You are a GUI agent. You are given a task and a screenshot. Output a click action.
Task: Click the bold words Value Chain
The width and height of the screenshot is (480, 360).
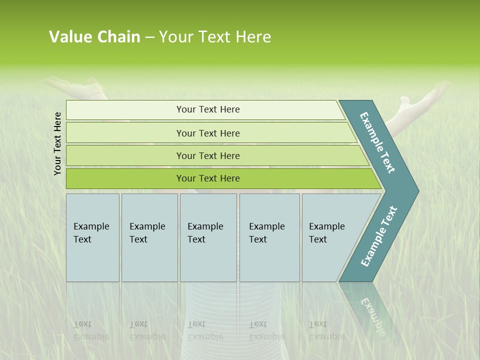pos(94,37)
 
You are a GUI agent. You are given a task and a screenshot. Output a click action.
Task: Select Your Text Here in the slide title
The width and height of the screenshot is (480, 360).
pos(215,37)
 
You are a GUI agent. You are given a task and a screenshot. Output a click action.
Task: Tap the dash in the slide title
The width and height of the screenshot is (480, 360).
pos(149,37)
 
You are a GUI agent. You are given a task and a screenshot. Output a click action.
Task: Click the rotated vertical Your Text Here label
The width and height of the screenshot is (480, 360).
pos(57,143)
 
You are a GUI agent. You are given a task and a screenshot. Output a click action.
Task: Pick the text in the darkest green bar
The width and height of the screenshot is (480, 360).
pos(208,178)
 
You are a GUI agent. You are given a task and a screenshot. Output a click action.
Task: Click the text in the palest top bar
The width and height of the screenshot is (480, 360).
pos(208,109)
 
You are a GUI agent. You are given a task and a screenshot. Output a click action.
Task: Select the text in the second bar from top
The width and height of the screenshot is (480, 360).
pos(208,133)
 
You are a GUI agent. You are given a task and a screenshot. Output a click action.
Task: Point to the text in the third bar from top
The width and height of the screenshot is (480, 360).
pos(208,156)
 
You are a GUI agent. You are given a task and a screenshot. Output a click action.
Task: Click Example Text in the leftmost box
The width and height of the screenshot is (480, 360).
pos(91,233)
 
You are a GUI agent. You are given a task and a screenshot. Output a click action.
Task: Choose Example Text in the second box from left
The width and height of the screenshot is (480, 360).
pos(147,233)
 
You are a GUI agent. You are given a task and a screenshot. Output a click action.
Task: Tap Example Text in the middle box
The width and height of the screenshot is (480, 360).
pos(205,233)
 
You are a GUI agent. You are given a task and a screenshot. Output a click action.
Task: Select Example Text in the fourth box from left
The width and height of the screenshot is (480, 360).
pos(266,233)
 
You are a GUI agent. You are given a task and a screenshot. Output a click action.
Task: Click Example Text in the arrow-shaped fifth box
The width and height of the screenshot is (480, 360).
pos(326,233)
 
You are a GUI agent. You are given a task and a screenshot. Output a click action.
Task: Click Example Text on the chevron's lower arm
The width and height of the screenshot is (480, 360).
pos(379,236)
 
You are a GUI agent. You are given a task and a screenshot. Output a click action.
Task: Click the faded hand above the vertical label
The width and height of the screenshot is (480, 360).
pos(75,87)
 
